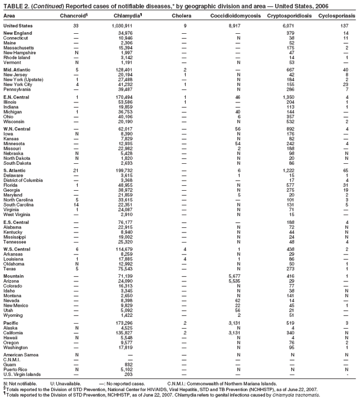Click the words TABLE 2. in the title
(15, 6)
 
